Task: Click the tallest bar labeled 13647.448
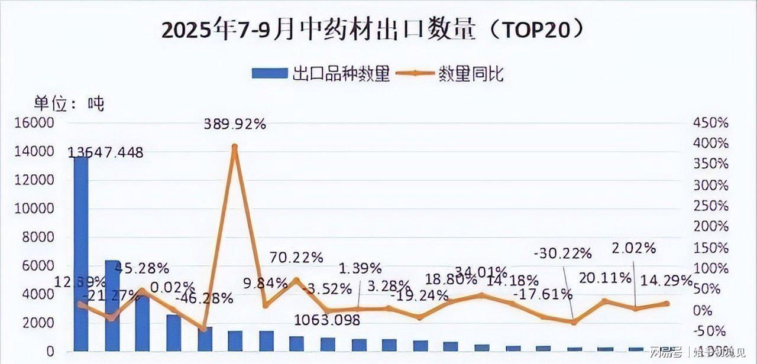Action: [81, 254]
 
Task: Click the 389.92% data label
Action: [235, 124]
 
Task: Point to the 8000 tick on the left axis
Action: [40, 237]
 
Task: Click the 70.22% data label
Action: [296, 258]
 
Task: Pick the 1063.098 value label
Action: [327, 320]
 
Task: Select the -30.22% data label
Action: [562, 253]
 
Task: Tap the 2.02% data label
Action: [634, 248]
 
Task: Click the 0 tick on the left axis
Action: [51, 352]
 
